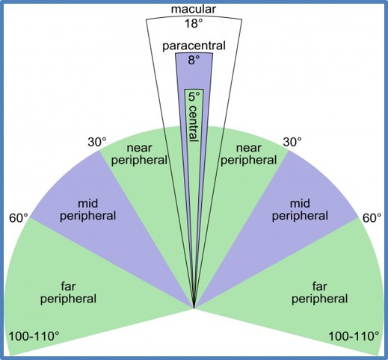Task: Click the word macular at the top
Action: coord(194,9)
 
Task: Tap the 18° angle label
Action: coord(194,24)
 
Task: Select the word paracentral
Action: coord(194,46)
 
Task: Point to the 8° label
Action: coord(194,60)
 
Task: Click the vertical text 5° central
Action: coord(194,117)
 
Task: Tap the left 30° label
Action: coord(97,143)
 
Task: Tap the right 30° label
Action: coord(292,143)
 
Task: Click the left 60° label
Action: coord(19,218)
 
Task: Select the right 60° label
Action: coord(372,218)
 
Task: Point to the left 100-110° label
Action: coord(34,337)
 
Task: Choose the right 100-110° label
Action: coord(354,337)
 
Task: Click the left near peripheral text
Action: coord(139,155)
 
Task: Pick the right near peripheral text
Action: coord(249,155)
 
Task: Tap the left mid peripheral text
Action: coord(88,210)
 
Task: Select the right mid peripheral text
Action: coord(300,210)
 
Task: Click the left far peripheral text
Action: coord(68,293)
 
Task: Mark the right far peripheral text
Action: coord(319,293)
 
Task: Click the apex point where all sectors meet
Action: coord(194,308)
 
